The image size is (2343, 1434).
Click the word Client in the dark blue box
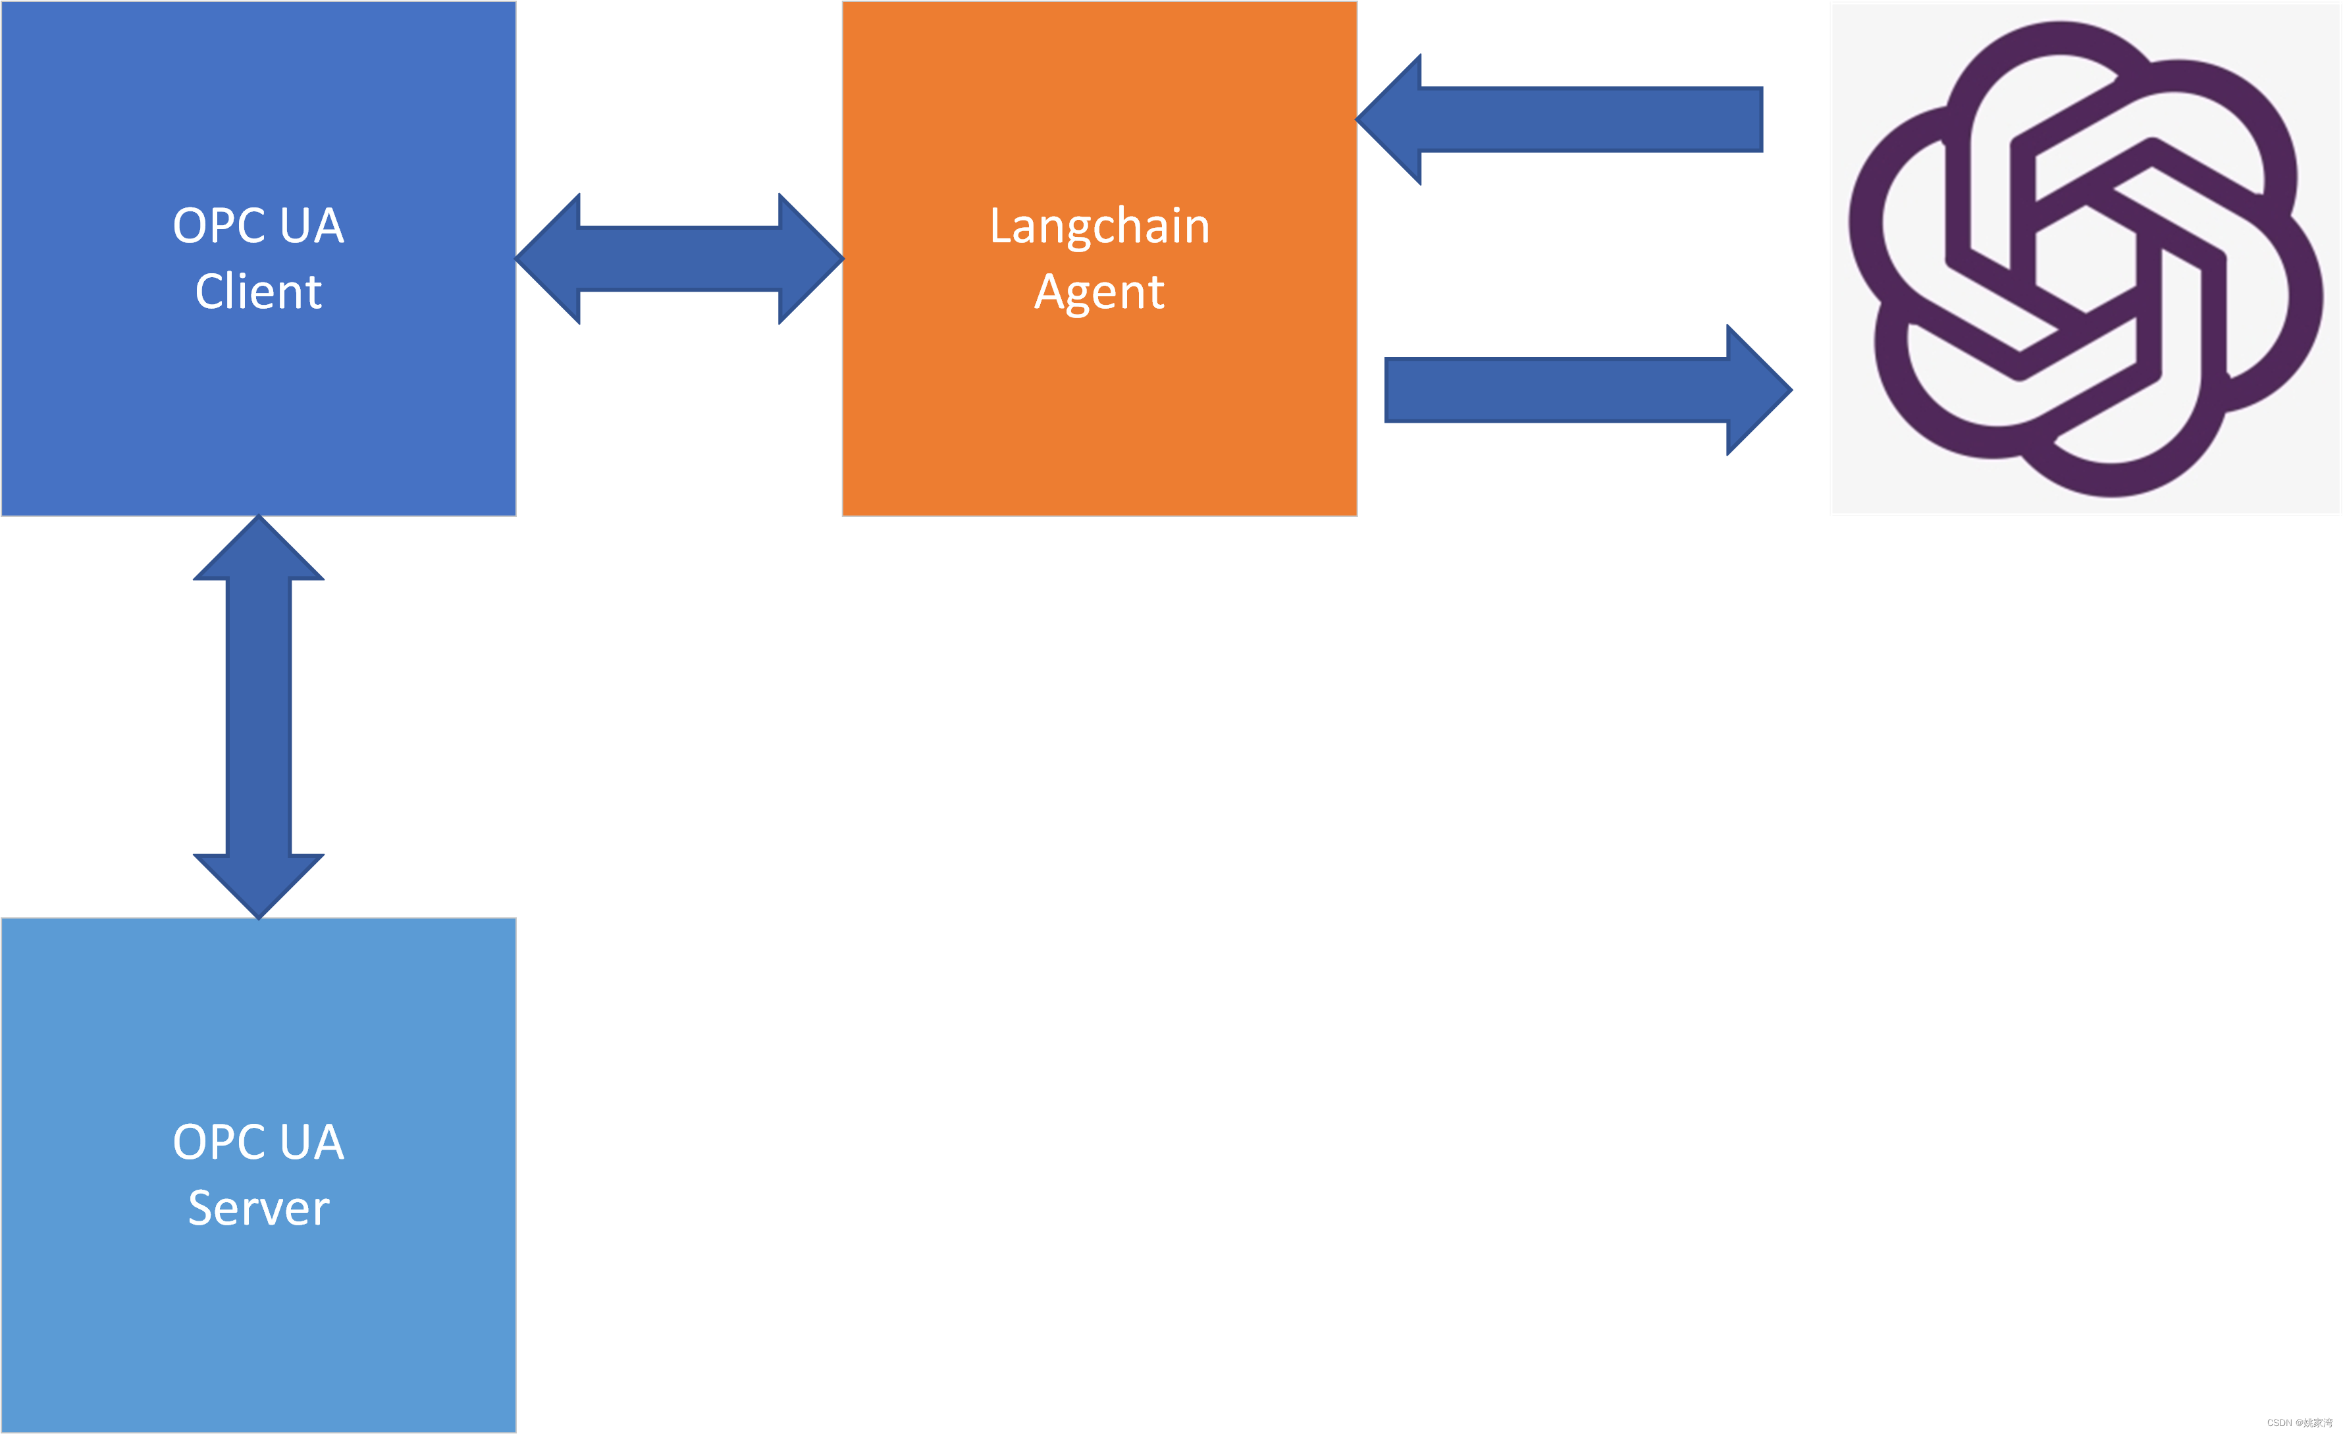tap(259, 291)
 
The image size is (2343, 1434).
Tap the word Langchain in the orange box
tap(1099, 226)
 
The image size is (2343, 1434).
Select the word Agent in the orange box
tap(1099, 292)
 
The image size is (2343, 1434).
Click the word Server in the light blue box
tap(259, 1208)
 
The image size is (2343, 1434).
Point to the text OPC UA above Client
tap(259, 225)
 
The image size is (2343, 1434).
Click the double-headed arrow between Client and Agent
tap(679, 259)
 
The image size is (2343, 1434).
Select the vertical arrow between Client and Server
tap(259, 717)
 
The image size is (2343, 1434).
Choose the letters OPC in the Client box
tap(219, 225)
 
